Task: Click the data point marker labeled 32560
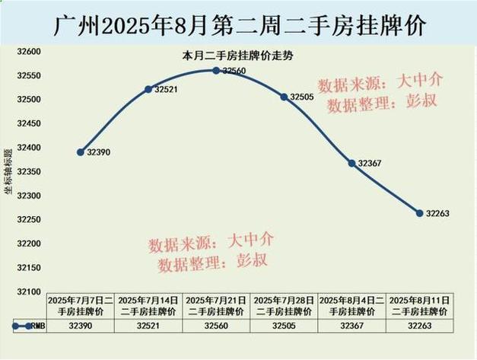tap(216, 70)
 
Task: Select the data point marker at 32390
tap(81, 152)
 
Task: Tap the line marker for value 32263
tap(419, 213)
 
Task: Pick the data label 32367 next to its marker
tap(369, 163)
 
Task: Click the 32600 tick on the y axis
tap(28, 51)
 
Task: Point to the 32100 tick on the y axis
tap(28, 292)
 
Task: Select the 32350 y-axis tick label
tap(28, 171)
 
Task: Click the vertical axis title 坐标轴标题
tap(9, 171)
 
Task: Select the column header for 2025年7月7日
tap(81, 306)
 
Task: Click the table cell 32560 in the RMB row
tap(216, 325)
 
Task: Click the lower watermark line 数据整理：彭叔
tap(213, 263)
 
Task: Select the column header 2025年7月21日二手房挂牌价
tap(216, 306)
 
